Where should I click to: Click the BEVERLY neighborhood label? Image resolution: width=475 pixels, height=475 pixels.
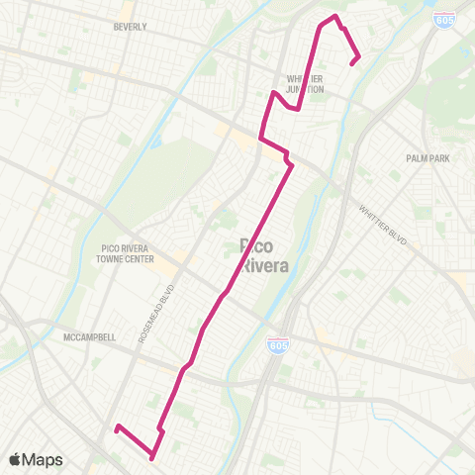click(x=131, y=27)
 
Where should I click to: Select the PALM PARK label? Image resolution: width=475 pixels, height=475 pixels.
click(x=427, y=157)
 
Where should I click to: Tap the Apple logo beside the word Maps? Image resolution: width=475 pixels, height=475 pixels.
click(x=15, y=460)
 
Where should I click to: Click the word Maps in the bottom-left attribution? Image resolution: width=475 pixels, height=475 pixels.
click(x=43, y=460)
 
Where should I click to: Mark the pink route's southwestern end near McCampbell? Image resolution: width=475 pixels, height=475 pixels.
click(x=117, y=427)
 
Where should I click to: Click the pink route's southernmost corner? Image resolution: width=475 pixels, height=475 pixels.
click(x=151, y=457)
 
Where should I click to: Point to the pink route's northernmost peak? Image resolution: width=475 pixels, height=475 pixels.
click(x=336, y=17)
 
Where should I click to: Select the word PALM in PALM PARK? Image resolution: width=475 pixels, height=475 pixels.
click(x=417, y=157)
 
